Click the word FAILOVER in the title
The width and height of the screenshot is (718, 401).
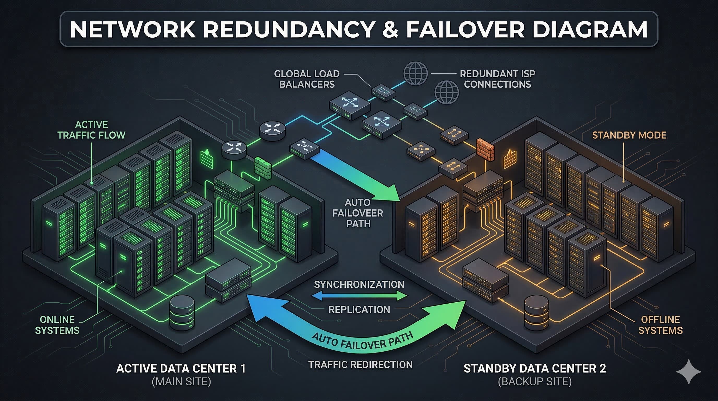click(465, 29)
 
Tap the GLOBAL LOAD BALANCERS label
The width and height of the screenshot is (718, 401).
click(307, 79)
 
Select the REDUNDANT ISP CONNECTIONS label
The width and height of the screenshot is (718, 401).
click(498, 79)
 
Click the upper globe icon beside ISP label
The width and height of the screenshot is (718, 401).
click(415, 73)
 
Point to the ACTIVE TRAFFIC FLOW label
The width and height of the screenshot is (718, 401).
click(91, 130)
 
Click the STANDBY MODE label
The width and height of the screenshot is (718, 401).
click(629, 135)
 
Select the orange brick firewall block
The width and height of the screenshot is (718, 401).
click(485, 150)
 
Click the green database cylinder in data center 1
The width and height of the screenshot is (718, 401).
click(182, 312)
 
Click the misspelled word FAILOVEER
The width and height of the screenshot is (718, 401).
click(358, 213)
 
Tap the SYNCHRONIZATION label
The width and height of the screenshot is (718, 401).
click(359, 285)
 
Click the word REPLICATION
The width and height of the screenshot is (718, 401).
click(359, 310)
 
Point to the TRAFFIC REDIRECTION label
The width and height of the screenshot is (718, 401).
click(360, 364)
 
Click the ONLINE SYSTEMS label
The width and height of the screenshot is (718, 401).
click(57, 325)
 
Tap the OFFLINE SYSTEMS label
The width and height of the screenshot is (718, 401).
click(660, 325)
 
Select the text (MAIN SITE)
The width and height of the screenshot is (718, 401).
click(181, 381)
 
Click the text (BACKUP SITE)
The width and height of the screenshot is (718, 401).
click(535, 381)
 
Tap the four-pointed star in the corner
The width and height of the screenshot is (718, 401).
click(689, 371)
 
